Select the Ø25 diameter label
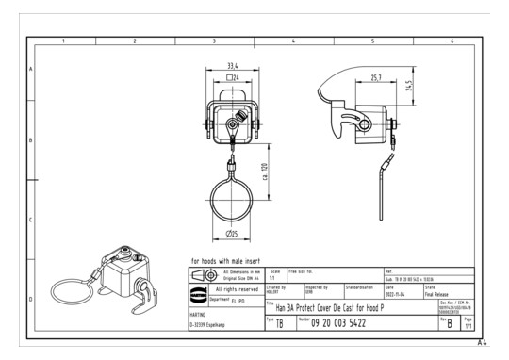(x=232, y=233)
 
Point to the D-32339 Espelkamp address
(x=211, y=326)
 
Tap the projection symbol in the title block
(x=202, y=274)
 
